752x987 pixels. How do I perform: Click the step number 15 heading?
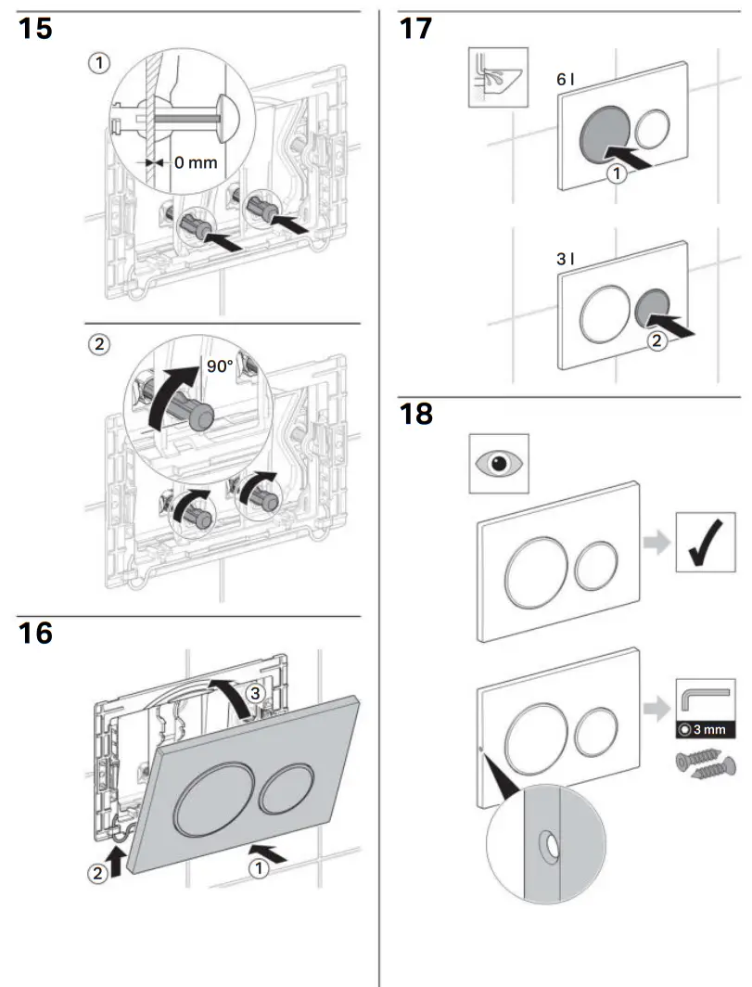(36, 29)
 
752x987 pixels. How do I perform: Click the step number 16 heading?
(36, 634)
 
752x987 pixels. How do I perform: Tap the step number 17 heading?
(415, 29)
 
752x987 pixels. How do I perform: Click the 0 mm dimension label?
(194, 162)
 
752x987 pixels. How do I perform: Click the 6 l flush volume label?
(566, 81)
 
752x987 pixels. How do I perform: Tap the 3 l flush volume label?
(566, 261)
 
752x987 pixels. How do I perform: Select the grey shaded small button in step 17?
(654, 310)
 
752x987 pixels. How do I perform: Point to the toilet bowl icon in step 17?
(496, 78)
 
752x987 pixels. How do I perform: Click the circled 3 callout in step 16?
(261, 693)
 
